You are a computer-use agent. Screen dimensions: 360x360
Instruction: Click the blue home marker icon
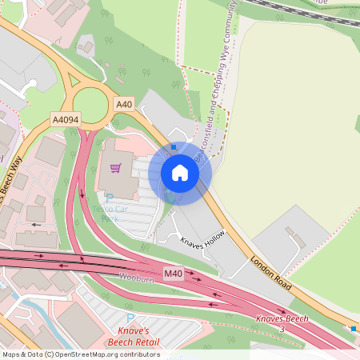(180, 173)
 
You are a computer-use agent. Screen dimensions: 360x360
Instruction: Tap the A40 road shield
(123, 104)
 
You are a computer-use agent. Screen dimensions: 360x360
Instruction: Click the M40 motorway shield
(174, 274)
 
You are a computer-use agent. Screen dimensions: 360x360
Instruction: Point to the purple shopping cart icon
(115, 168)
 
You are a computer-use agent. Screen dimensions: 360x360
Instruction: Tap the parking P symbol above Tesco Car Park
(110, 199)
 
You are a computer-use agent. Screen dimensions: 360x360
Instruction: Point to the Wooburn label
(135, 278)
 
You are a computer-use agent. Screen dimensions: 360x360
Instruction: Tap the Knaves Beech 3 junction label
(282, 323)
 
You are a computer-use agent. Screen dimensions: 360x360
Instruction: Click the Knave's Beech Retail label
(133, 337)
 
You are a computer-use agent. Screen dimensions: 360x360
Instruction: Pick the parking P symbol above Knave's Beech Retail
(130, 318)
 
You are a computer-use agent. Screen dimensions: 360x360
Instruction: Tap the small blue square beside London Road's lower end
(354, 328)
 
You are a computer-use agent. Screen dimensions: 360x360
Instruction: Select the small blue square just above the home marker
(174, 147)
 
